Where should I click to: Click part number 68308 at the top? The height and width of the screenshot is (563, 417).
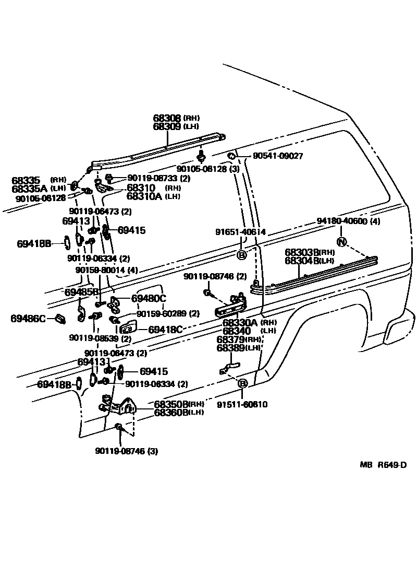pos(166,119)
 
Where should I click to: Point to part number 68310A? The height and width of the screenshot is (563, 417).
pos(144,196)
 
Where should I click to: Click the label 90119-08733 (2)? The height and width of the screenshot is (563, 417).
pos(144,178)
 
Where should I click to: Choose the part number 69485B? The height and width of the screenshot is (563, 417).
pos(81,291)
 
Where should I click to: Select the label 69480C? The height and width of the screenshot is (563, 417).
pos(148,298)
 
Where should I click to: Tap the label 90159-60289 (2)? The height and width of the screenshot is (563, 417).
pos(168,313)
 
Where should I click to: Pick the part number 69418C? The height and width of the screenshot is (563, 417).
pos(165,330)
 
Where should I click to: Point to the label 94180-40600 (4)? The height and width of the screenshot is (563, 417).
pos(348,221)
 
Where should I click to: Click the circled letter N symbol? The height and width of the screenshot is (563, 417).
pos(341,241)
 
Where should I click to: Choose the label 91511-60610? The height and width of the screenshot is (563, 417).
pos(242,404)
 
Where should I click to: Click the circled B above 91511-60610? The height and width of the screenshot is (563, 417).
pos(242,384)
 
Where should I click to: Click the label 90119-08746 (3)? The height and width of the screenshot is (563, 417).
pos(126,451)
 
